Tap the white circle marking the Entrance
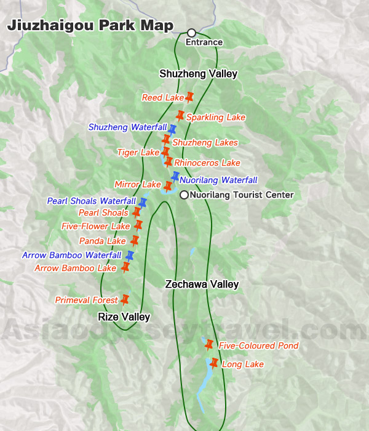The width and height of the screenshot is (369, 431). coord(191,33)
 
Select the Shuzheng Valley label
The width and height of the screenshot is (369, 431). coord(198,74)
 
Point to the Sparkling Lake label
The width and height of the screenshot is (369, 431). coord(216,118)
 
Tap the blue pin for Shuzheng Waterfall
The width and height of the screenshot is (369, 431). coord(173,129)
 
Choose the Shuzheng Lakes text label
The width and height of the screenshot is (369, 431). coord(205,143)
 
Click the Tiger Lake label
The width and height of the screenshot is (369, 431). coord(138,152)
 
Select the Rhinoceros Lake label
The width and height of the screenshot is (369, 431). coord(207,163)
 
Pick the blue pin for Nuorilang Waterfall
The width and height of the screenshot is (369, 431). coord(175,177)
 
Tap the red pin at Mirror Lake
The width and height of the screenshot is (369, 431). coord(168,186)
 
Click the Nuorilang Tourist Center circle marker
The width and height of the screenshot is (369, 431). coord(184,195)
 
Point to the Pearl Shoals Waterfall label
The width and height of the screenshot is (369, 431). coord(91,201)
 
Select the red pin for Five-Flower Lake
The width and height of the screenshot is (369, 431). coord(138,225)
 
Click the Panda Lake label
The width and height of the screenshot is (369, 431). coord(103,241)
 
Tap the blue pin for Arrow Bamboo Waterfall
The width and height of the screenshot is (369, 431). coord(130,255)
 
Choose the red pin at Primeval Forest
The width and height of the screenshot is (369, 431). coord(125,300)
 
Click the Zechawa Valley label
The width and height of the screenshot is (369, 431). coord(202,284)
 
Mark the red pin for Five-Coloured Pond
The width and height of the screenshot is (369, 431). coord(208,344)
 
